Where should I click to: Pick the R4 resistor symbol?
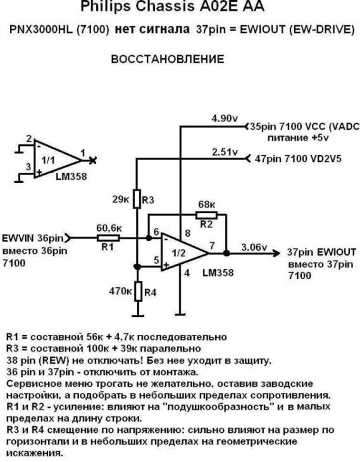coord(136,292)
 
